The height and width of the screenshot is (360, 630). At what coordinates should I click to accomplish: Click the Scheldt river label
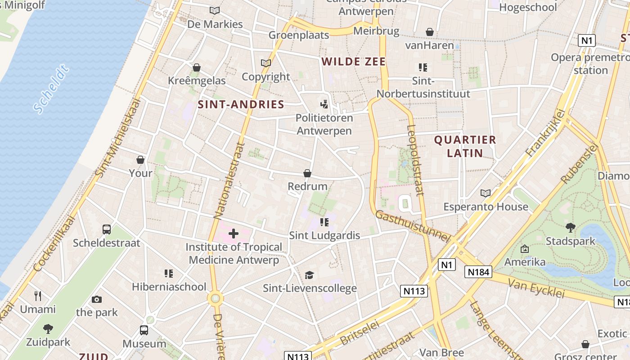pyautogui.click(x=52, y=89)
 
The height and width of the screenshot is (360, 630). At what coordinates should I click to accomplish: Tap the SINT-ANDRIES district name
pyautogui.click(x=241, y=105)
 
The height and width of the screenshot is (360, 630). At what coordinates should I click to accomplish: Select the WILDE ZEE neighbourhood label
pyautogui.click(x=354, y=62)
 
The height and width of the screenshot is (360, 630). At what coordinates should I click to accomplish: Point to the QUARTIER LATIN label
pyautogui.click(x=465, y=146)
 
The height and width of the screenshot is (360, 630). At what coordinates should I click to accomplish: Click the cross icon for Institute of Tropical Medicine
pyautogui.click(x=234, y=233)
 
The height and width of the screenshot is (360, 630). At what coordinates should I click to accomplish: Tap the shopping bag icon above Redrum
pyautogui.click(x=307, y=173)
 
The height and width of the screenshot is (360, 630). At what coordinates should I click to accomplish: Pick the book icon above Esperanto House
pyautogui.click(x=485, y=193)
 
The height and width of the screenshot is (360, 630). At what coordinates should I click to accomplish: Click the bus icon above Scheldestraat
pyautogui.click(x=107, y=229)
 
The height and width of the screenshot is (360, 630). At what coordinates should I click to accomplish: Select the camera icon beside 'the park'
pyautogui.click(x=96, y=299)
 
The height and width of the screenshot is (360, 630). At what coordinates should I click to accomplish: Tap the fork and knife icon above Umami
pyautogui.click(x=38, y=296)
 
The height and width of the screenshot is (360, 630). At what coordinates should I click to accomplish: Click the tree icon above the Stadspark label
pyautogui.click(x=570, y=228)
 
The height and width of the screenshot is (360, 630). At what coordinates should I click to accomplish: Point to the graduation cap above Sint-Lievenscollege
pyautogui.click(x=309, y=275)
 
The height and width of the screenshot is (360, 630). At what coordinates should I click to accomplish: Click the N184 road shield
pyautogui.click(x=478, y=272)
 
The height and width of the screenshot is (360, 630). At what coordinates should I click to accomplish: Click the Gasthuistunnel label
pyautogui.click(x=412, y=226)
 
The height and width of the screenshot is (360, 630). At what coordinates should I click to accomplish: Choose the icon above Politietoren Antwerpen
pyautogui.click(x=324, y=104)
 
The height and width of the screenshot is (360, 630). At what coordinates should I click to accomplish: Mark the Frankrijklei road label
pyautogui.click(x=545, y=134)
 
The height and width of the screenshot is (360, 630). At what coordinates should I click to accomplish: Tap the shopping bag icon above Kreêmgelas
pyautogui.click(x=197, y=67)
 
